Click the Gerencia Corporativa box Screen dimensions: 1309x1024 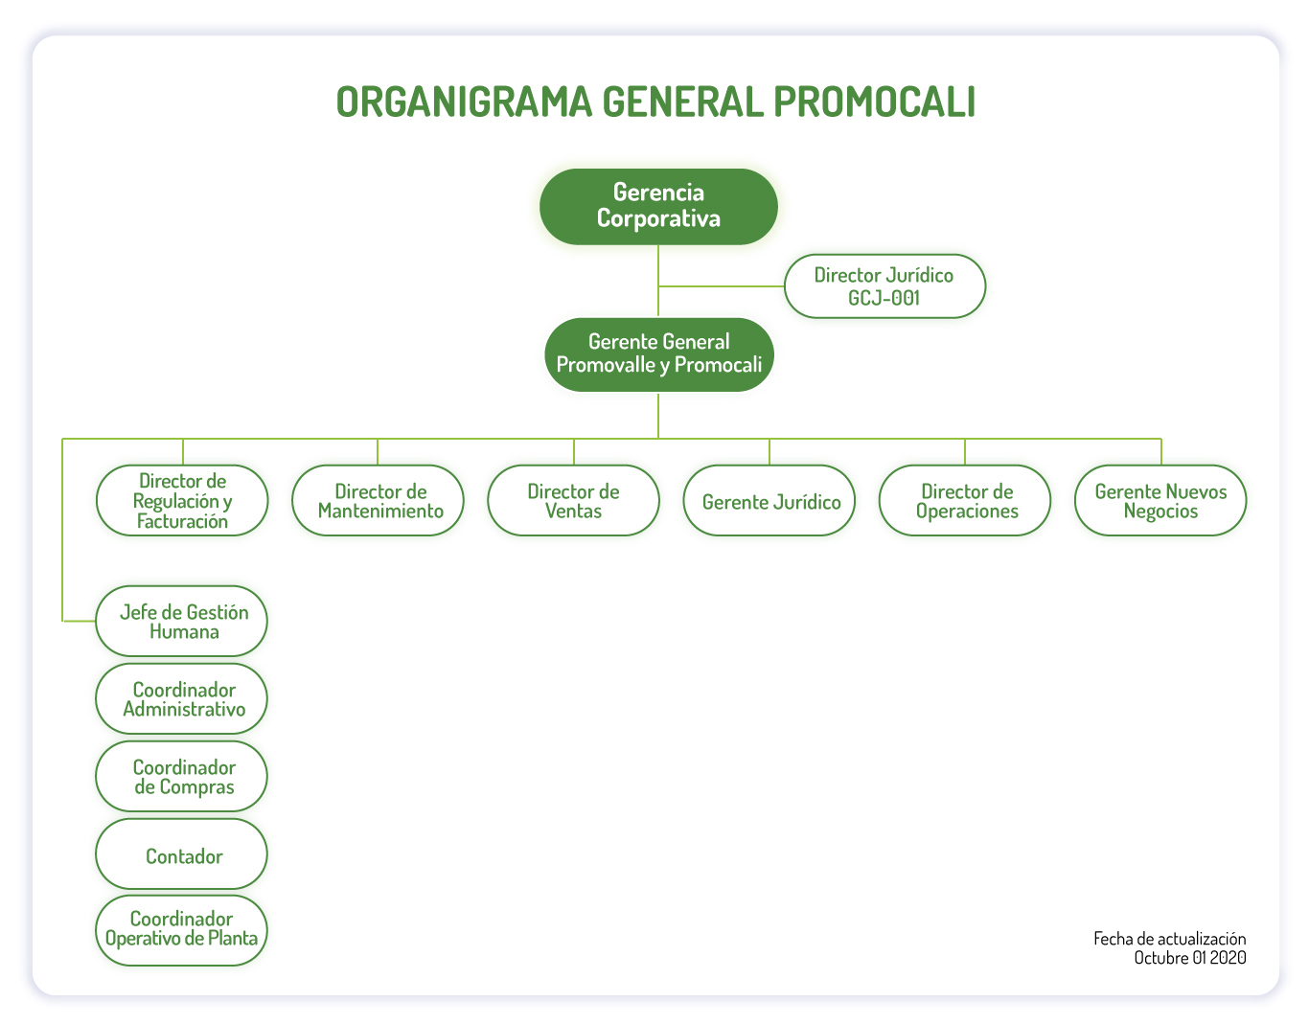pyautogui.click(x=657, y=207)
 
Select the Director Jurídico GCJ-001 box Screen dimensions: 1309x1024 pyautogui.click(x=884, y=286)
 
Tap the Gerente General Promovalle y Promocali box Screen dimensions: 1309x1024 pyautogui.click(x=658, y=354)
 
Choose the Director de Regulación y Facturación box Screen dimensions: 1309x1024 pyautogui.click(x=182, y=500)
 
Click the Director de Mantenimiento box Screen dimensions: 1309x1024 pyautogui.click(x=378, y=500)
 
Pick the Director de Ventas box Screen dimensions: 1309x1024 pyautogui.click(x=573, y=500)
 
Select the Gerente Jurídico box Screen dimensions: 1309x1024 pyautogui.click(x=769, y=500)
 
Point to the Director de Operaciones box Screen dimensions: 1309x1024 pyautogui.click(x=964, y=500)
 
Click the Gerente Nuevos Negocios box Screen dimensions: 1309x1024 pyautogui.click(x=1160, y=500)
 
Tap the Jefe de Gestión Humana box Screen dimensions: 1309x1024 pyautogui.click(x=181, y=621)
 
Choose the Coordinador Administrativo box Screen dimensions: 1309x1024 pyautogui.click(x=181, y=698)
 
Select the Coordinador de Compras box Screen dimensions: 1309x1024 pyautogui.click(x=181, y=776)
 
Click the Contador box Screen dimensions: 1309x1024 pyautogui.click(x=181, y=853)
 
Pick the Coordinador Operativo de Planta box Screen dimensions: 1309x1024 pyautogui.click(x=181, y=930)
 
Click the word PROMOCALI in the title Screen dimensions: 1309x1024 pyautogui.click(x=874, y=102)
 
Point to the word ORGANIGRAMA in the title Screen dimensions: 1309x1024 pyautogui.click(x=464, y=102)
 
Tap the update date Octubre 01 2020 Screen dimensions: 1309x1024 pyautogui.click(x=1190, y=957)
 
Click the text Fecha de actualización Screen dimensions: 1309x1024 pyautogui.click(x=1169, y=938)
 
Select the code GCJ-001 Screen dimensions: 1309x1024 pyautogui.click(x=884, y=297)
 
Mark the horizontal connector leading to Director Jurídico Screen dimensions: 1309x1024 pyautogui.click(x=721, y=286)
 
